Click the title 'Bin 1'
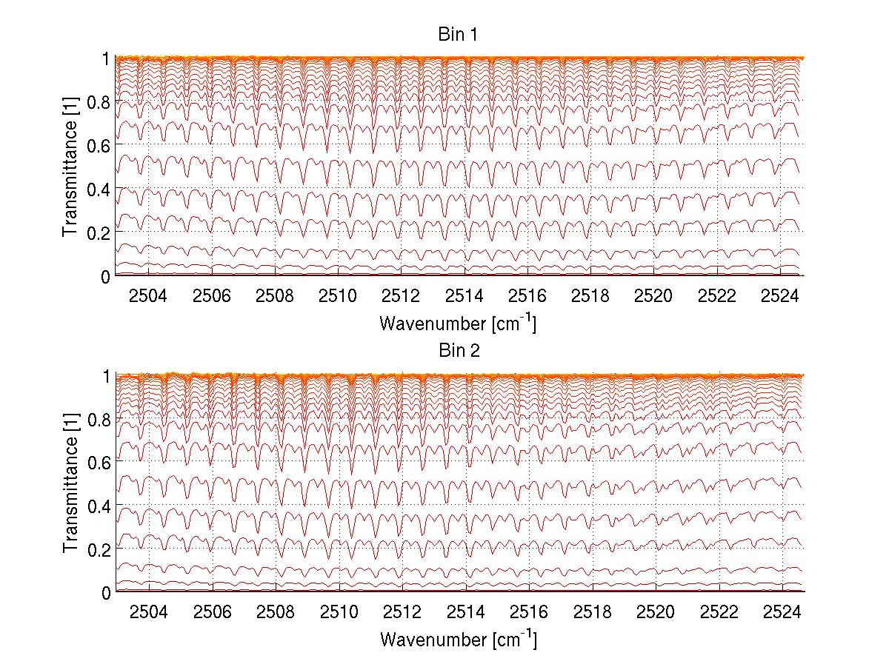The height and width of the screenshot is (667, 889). point(459,35)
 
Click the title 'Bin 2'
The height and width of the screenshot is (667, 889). point(459,351)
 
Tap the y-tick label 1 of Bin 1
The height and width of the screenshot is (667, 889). point(106,58)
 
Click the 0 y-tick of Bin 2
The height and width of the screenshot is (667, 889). point(106,592)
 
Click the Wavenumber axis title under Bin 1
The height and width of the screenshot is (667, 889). point(458,323)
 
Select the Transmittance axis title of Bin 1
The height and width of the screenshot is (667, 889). point(71,167)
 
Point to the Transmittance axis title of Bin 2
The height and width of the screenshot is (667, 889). point(71,483)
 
